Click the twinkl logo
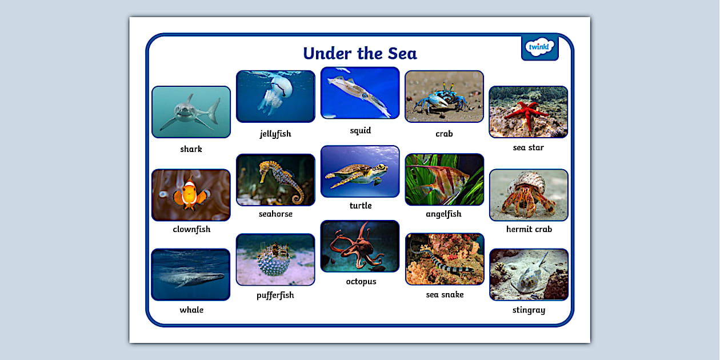tap(539, 47)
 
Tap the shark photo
tap(191, 112)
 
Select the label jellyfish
tap(275, 134)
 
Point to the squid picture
tap(360, 93)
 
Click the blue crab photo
tap(444, 97)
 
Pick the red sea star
tap(528, 111)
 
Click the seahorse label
tap(275, 214)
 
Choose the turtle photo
tap(360, 171)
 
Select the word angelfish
tap(444, 214)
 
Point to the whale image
tap(191, 275)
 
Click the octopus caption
tap(361, 282)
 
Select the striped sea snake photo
tap(445, 259)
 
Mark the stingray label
tap(529, 310)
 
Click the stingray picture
tap(529, 275)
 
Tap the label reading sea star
tap(529, 147)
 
